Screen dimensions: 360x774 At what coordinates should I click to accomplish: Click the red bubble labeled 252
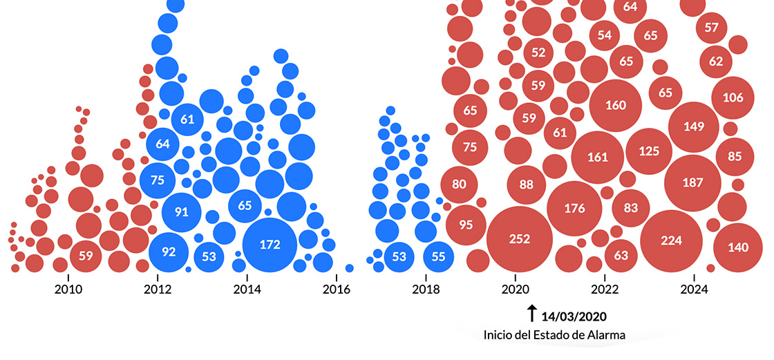[x=520, y=239]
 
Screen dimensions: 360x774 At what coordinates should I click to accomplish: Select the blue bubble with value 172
[x=270, y=244]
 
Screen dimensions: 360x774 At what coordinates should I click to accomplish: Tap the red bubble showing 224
[x=671, y=240]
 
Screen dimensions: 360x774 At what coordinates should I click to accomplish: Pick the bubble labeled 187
[x=692, y=182]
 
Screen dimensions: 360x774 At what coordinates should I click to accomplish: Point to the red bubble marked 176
[x=574, y=208]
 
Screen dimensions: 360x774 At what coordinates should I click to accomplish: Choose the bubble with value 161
[x=598, y=157]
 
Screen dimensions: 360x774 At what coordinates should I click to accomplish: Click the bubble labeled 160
[x=615, y=106]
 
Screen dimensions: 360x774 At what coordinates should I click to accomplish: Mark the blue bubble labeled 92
[x=169, y=252]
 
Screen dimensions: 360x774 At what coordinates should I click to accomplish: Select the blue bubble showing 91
[x=181, y=211]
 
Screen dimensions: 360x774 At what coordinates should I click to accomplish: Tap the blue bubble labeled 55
[x=438, y=256]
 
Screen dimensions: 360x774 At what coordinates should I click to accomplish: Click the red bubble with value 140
[x=738, y=247]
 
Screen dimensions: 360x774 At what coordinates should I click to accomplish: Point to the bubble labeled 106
[x=733, y=97]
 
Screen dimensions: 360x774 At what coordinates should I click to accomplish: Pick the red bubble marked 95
[x=465, y=225]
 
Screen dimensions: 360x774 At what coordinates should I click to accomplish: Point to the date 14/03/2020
[x=574, y=317]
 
